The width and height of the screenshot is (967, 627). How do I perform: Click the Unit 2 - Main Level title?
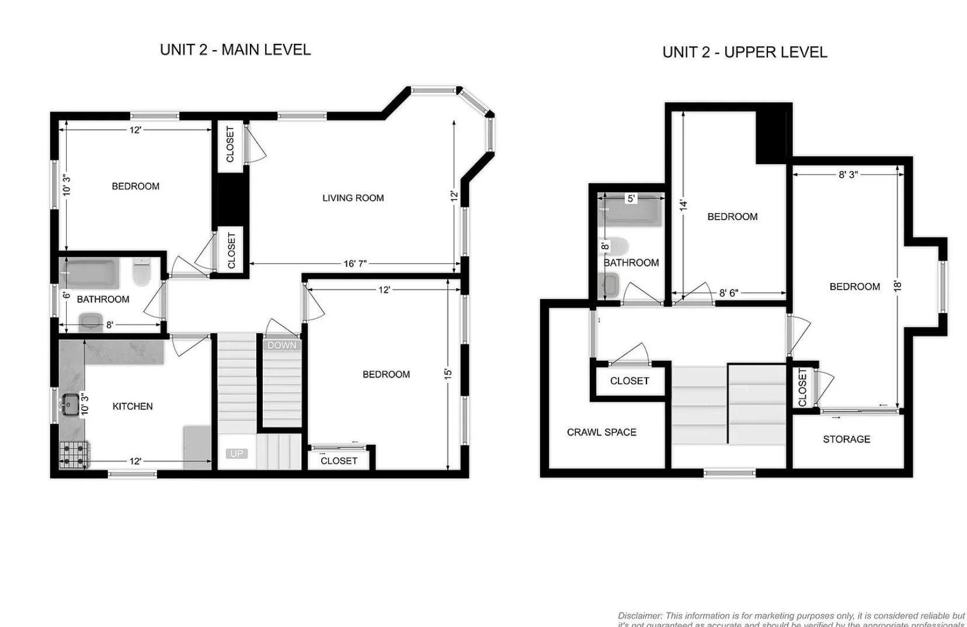tap(235, 50)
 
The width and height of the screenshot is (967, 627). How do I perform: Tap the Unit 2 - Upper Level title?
tap(745, 52)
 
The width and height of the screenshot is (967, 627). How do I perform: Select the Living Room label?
tap(353, 198)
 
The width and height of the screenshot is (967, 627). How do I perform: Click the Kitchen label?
tap(133, 406)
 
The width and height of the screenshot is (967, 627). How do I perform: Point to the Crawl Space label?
tap(601, 432)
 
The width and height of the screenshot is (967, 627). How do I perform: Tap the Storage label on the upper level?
tap(846, 439)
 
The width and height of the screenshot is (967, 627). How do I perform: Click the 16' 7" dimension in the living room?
tap(354, 264)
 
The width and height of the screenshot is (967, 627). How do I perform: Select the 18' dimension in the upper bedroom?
tap(898, 285)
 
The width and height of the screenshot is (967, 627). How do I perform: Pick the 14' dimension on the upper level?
tap(683, 205)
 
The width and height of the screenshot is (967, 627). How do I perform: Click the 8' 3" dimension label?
tap(848, 175)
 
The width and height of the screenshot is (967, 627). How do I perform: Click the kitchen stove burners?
tap(74, 455)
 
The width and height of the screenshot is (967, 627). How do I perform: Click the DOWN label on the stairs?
tap(282, 345)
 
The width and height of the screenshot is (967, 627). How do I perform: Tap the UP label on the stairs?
tap(236, 454)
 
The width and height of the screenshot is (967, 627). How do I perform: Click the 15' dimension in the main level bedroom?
tap(448, 374)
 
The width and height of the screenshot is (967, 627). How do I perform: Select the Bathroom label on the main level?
tap(103, 299)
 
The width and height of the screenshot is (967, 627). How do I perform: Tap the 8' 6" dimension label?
tap(728, 293)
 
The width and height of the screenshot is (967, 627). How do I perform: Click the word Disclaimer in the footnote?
tap(639, 616)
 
